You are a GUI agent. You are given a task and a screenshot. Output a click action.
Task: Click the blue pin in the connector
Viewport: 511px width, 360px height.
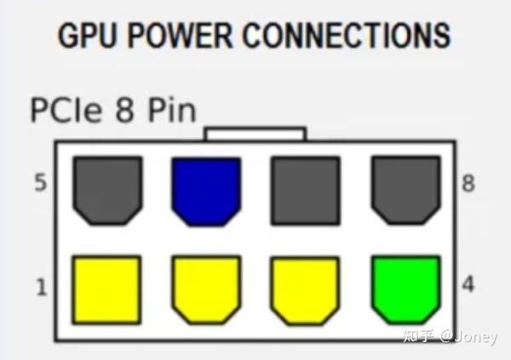[206, 191]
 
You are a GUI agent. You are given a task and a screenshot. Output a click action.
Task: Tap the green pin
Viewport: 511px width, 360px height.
[406, 290]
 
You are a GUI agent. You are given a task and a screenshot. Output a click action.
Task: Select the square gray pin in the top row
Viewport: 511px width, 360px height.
[306, 191]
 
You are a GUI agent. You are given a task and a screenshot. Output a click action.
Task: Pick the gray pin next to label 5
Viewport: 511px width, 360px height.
[107, 191]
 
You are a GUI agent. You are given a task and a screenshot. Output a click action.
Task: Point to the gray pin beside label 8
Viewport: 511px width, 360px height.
[406, 191]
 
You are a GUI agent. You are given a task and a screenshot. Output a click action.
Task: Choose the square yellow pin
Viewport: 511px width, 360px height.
[106, 290]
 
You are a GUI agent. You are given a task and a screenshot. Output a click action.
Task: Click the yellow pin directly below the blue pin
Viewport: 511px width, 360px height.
[206, 290]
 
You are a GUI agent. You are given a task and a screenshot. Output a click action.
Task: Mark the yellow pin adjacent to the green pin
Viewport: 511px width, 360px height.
[306, 290]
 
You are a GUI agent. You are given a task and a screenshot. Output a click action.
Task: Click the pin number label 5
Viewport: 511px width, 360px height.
[41, 182]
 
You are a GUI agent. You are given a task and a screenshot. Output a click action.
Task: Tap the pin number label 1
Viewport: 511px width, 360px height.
[42, 287]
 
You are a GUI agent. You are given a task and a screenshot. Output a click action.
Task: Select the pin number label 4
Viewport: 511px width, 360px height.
[468, 284]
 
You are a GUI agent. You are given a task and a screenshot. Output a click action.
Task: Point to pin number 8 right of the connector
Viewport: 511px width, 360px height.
[468, 183]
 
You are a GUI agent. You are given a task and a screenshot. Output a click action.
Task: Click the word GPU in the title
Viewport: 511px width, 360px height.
[87, 35]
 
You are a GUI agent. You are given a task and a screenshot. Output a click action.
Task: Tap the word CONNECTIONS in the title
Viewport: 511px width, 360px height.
[347, 35]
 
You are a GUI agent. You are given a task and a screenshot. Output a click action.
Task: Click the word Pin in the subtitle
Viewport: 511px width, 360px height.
[172, 110]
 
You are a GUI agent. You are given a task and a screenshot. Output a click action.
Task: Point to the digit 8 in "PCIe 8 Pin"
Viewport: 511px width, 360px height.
[125, 110]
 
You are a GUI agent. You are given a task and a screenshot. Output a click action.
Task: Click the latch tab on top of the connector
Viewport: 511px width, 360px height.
[255, 134]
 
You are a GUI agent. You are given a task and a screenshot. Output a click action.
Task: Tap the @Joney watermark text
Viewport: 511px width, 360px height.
[468, 336]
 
